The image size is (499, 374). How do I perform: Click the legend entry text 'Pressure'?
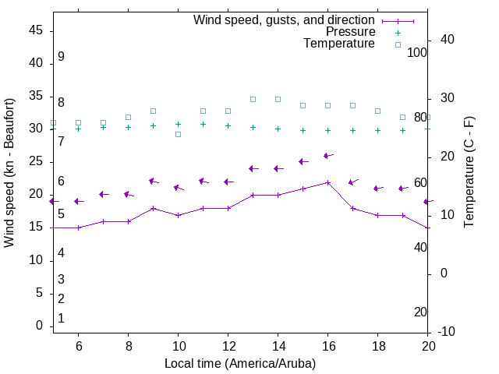pyautogui.click(x=350, y=32)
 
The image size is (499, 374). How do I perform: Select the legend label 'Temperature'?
pyautogui.click(x=339, y=44)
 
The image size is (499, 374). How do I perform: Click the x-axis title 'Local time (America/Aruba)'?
pyautogui.click(x=240, y=363)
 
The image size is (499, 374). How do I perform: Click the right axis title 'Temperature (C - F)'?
pyautogui.click(x=469, y=173)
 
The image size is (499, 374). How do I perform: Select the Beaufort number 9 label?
pyautogui.click(x=61, y=57)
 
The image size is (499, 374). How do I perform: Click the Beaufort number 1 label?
pyautogui.click(x=61, y=318)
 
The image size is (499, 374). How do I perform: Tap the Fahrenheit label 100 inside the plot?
pyautogui.click(x=417, y=52)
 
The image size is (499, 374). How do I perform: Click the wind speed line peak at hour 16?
pyautogui.click(x=328, y=182)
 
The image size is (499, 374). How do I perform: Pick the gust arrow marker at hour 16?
pyautogui.click(x=328, y=156)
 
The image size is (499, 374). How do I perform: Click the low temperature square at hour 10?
pyautogui.click(x=178, y=134)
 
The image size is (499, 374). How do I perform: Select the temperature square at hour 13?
pyautogui.click(x=253, y=99)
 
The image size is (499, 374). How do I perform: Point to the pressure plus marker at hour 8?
pyautogui.click(x=128, y=127)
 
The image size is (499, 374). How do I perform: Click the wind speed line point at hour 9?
pyautogui.click(x=153, y=208)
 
